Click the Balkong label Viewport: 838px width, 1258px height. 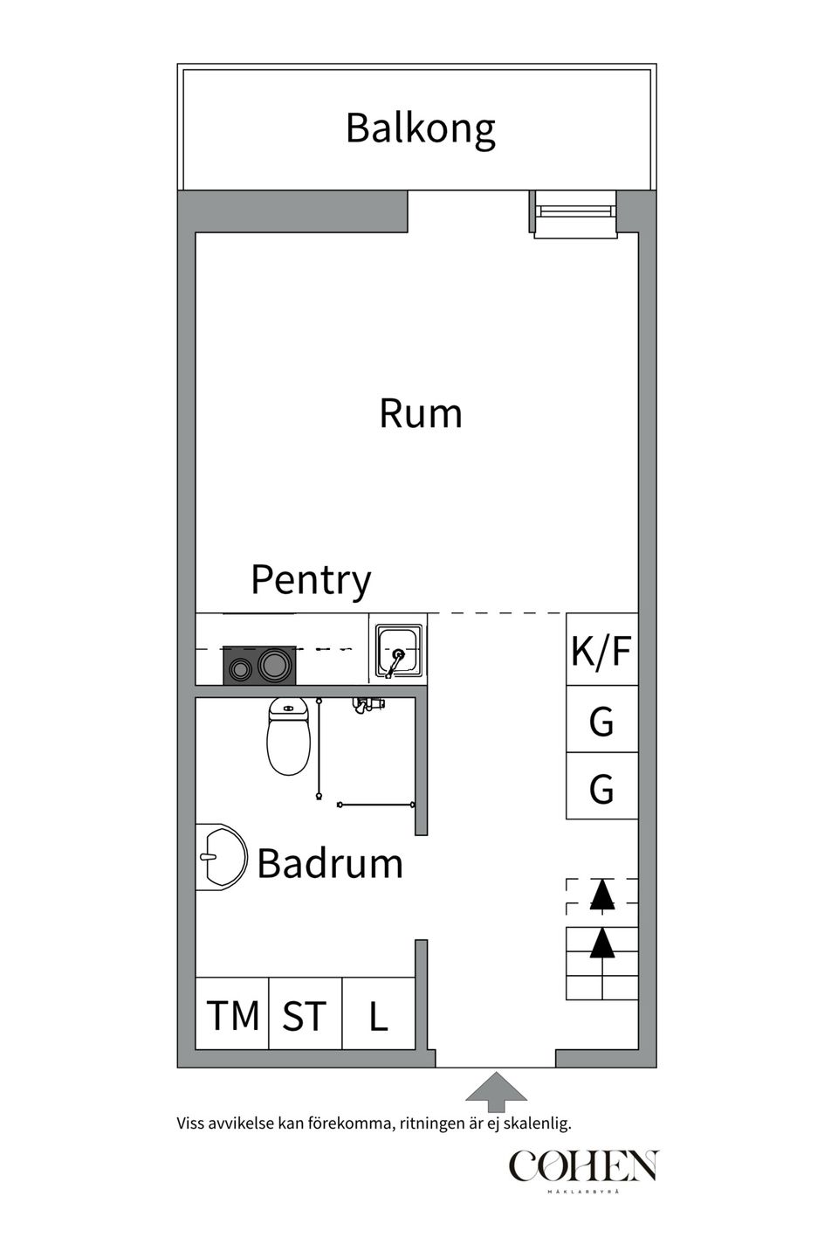click(x=420, y=128)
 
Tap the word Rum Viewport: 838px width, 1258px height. click(x=420, y=413)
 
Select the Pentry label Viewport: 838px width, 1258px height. click(x=311, y=579)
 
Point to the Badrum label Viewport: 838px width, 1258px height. click(x=330, y=864)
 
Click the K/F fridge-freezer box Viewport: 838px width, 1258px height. click(x=601, y=651)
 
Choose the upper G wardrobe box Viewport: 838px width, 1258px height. click(x=601, y=721)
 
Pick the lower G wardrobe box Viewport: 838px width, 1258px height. click(x=601, y=788)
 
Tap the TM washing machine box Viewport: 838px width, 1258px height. click(x=232, y=1015)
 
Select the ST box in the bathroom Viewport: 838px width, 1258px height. click(x=305, y=1015)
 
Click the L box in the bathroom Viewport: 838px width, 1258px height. click(x=378, y=1015)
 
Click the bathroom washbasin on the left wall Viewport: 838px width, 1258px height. click(x=220, y=857)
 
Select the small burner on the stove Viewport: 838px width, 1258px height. click(x=240, y=668)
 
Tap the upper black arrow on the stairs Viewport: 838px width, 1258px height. click(x=601, y=894)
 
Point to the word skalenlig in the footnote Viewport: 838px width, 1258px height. click(x=538, y=1123)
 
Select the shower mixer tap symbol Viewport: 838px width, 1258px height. click(x=367, y=703)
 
